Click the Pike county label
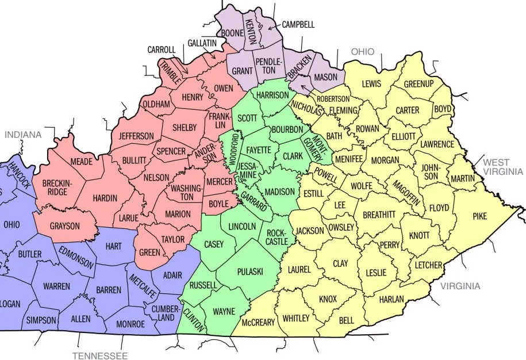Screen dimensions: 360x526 [x=479, y=217]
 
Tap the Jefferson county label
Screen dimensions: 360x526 [x=136, y=136]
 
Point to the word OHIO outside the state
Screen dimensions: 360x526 [x=363, y=52]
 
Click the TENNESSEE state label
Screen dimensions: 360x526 [x=100, y=355]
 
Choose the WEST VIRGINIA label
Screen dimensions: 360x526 [x=503, y=167]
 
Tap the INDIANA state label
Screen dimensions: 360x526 [x=24, y=135]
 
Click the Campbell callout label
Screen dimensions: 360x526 [x=298, y=25]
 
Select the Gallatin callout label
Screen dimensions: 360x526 [x=202, y=43]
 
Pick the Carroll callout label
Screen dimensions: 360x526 [x=161, y=50]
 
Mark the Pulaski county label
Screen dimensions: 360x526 [x=250, y=271]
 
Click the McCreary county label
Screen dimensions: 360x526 [x=258, y=322]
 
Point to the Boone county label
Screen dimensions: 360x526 [x=233, y=33]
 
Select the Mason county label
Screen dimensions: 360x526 [x=326, y=76]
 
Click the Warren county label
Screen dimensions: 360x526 [x=56, y=286]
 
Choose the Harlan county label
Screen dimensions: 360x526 [x=391, y=300]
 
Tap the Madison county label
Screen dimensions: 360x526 [x=280, y=192]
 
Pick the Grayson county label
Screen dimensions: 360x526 [x=65, y=226]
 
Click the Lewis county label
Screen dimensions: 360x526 [x=371, y=84]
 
